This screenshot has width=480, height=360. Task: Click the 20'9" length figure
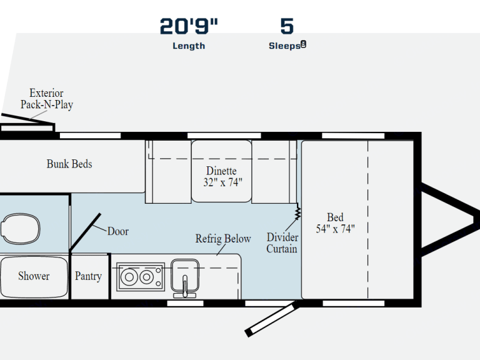coord(189,26)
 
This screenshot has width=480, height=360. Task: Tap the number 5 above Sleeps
coord(287,26)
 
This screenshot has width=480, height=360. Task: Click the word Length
coord(189,46)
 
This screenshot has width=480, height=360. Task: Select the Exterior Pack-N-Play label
coord(46,99)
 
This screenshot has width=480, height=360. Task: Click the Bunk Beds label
coord(69,164)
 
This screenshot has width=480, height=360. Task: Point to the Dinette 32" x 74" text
coord(222,176)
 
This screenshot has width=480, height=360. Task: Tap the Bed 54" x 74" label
coord(335,223)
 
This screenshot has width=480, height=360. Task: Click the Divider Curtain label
coord(282,242)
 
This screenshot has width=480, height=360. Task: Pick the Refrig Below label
coord(223,239)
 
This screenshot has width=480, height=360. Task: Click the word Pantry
coord(88,276)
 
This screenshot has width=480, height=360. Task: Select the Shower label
coord(34,276)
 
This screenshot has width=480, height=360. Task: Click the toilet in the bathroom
coord(20,229)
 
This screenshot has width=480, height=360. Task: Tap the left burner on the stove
coord(129,277)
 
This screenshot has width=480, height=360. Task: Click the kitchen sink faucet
coord(184,287)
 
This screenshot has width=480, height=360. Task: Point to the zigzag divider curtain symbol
coord(297,211)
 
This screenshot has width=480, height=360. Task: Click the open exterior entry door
coord(271,319)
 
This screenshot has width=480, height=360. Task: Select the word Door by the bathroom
coord(118,231)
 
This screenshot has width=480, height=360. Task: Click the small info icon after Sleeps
coord(303,44)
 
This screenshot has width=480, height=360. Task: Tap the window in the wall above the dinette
coord(224,136)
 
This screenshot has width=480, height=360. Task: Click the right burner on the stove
coord(147,277)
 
